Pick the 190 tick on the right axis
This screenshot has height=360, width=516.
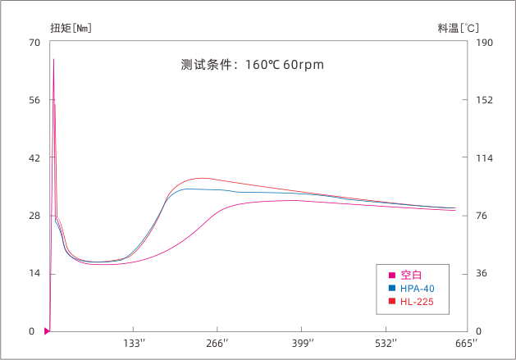tap(484, 43)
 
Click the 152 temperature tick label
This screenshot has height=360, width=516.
tap(484, 100)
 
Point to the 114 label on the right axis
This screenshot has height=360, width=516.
tap(484, 158)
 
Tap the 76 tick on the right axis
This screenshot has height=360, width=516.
tap(482, 216)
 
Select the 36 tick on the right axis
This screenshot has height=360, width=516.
tap(482, 273)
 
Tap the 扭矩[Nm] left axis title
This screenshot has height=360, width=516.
tap(70, 28)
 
